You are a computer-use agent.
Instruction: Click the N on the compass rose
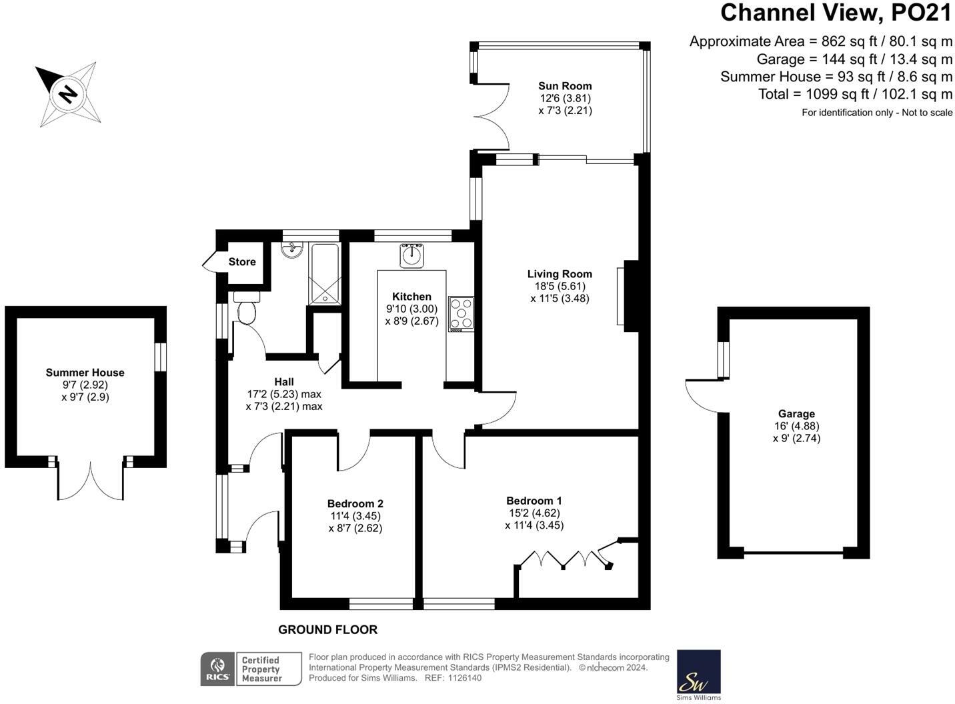click(x=67, y=94)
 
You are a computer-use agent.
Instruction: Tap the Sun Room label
click(x=565, y=86)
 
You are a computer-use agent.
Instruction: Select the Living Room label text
click(x=560, y=274)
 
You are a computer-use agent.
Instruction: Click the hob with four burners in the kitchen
click(x=461, y=314)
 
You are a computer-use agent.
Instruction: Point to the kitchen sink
click(x=411, y=256)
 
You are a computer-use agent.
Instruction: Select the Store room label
click(x=242, y=261)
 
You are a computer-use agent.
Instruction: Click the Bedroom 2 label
click(x=355, y=504)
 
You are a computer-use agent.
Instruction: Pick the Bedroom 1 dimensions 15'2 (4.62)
click(x=534, y=513)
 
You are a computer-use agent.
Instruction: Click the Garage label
click(x=796, y=414)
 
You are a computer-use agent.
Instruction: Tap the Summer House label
click(x=85, y=373)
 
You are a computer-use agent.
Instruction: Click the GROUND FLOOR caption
click(x=328, y=630)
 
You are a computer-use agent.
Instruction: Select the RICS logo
click(x=217, y=669)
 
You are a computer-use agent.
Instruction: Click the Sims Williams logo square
click(x=699, y=671)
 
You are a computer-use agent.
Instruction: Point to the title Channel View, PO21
click(x=836, y=13)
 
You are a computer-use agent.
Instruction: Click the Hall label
click(x=284, y=382)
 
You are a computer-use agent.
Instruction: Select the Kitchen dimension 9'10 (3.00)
click(x=412, y=309)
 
